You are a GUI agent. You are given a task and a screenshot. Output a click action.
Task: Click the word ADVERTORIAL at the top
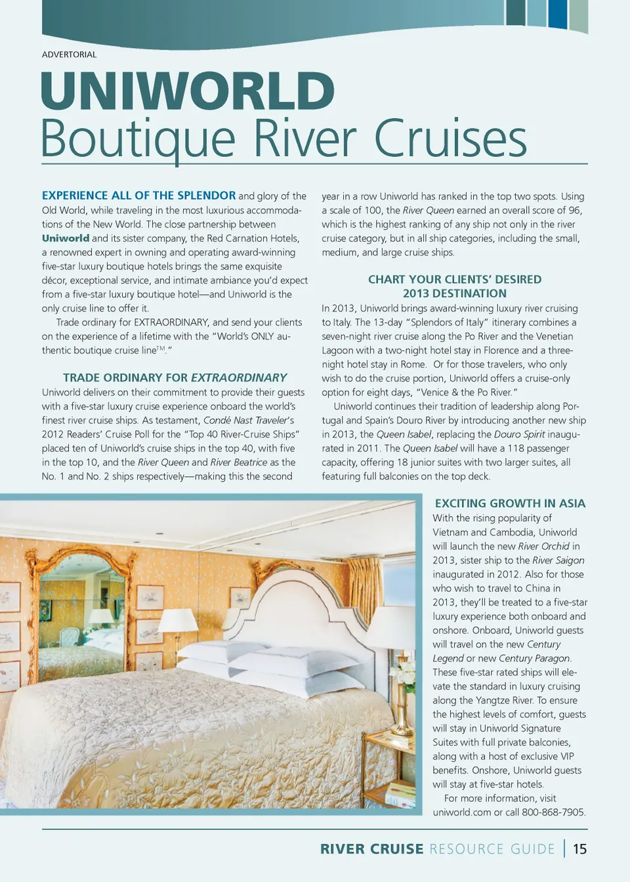click(x=69, y=54)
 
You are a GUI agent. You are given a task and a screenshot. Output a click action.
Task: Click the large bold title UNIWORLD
click(x=188, y=91)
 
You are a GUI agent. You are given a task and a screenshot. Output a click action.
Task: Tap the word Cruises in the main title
click(x=450, y=138)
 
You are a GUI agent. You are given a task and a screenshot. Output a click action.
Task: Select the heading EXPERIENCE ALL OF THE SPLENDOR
click(x=138, y=196)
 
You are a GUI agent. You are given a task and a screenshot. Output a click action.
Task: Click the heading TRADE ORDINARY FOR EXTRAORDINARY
click(x=175, y=377)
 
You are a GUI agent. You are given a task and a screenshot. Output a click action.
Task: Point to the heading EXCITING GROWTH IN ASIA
click(x=510, y=503)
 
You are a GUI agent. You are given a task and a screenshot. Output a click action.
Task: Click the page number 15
click(x=579, y=849)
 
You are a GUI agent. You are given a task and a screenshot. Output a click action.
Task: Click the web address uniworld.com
click(x=461, y=812)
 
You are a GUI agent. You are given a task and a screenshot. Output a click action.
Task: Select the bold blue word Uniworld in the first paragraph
click(x=66, y=238)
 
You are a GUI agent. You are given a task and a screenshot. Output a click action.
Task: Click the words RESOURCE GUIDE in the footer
click(x=492, y=849)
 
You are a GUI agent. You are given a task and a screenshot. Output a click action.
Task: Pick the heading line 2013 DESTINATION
click(x=454, y=293)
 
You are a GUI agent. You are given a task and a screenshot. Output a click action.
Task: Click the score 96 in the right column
click(x=574, y=210)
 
